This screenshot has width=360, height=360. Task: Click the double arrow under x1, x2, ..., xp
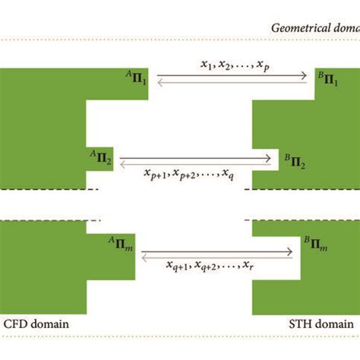coord(235,77)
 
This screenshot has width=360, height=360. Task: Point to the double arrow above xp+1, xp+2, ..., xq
coord(195,160)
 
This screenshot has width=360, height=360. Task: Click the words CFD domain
coord(36,324)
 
